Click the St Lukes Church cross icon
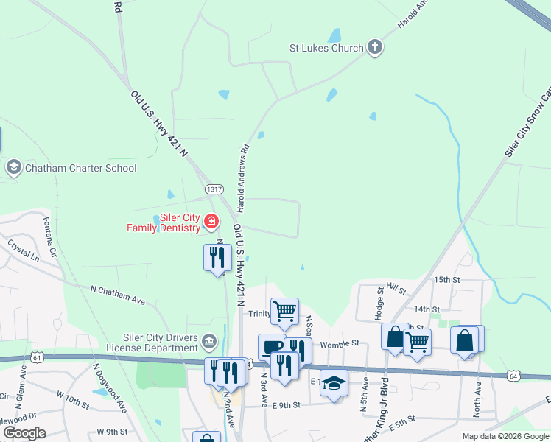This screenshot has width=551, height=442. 375,49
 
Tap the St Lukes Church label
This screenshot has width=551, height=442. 327,49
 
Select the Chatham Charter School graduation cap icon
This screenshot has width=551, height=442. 13,168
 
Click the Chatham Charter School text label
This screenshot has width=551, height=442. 81,168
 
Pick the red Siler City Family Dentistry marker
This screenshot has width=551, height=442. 211,221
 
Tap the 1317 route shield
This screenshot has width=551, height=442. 214,189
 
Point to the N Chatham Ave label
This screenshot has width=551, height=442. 119,295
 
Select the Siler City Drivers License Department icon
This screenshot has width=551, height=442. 209,340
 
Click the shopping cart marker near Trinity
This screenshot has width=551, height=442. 284,310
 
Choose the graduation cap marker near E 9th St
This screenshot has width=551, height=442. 334,384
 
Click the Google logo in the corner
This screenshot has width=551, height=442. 24,433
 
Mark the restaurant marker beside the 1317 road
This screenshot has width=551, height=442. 217,258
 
